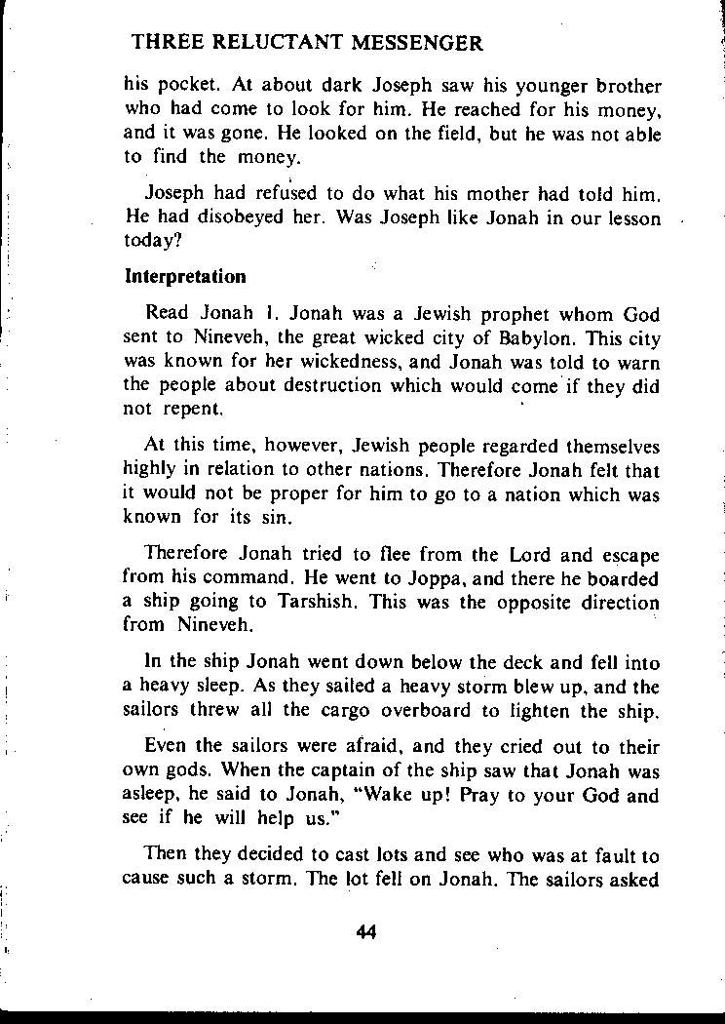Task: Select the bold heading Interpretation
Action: (185, 276)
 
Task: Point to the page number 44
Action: (366, 930)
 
